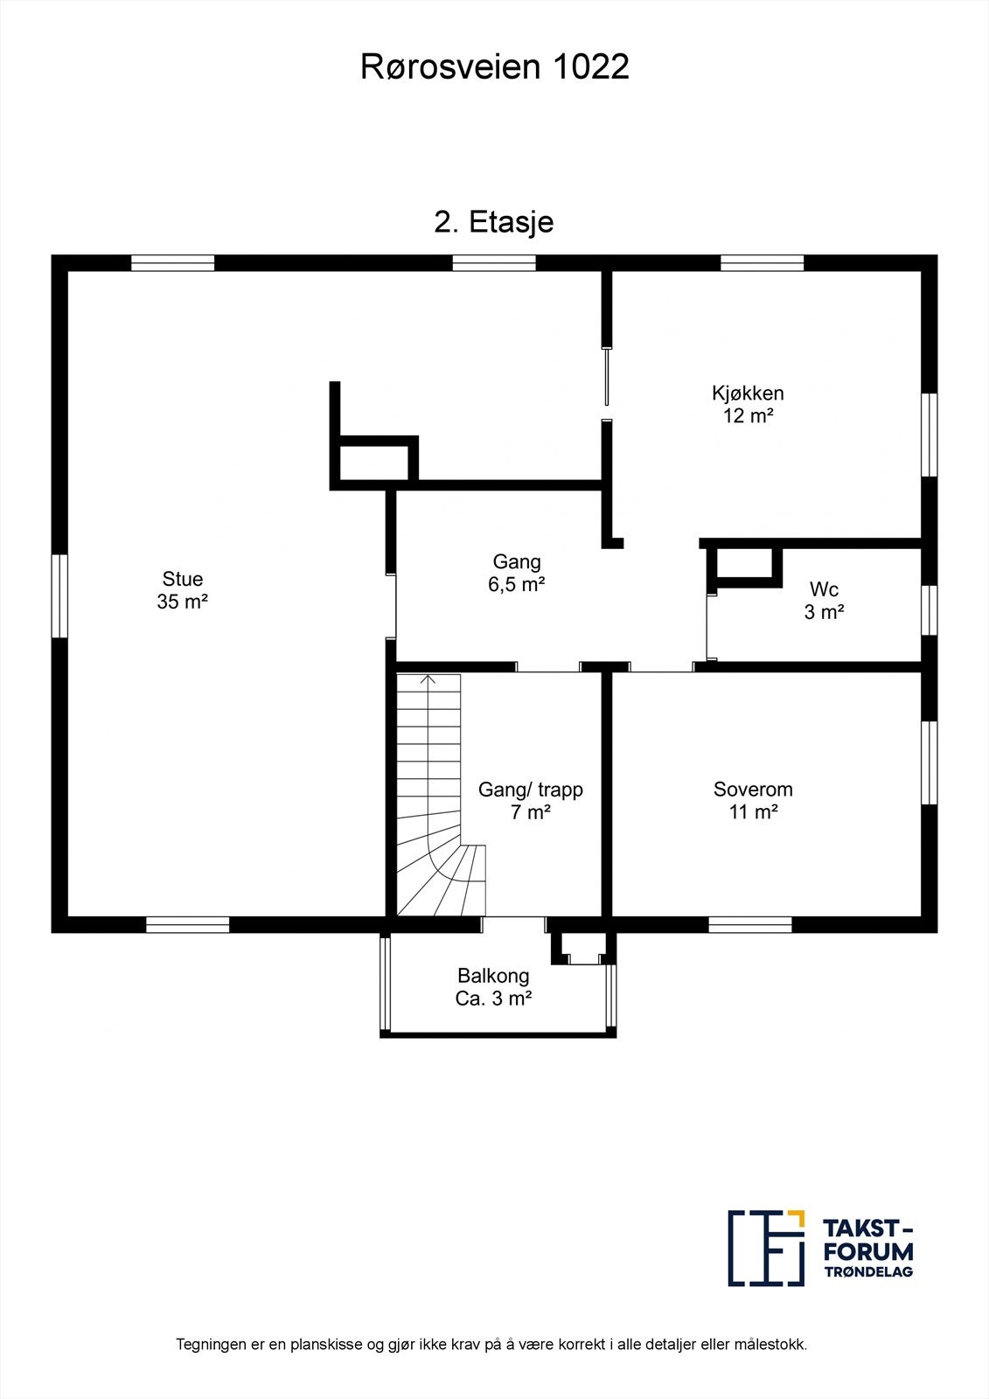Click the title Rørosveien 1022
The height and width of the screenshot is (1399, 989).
click(494, 66)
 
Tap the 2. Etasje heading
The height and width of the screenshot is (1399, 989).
click(493, 222)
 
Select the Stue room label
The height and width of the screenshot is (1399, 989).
click(183, 578)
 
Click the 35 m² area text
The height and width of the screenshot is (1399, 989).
click(183, 602)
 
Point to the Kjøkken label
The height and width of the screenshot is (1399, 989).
click(748, 393)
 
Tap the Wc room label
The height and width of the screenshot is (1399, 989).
click(824, 589)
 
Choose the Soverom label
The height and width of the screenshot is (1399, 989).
click(753, 790)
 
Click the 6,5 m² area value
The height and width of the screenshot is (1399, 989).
click(517, 585)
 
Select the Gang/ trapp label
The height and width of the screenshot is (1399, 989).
click(531, 790)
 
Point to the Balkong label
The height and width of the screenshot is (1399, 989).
click(493, 976)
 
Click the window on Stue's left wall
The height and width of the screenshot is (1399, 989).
click(59, 595)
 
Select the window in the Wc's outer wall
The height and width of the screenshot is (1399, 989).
click(930, 610)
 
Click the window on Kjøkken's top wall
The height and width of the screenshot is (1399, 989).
click(763, 263)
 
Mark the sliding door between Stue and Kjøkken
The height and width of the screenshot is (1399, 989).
click(606, 377)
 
